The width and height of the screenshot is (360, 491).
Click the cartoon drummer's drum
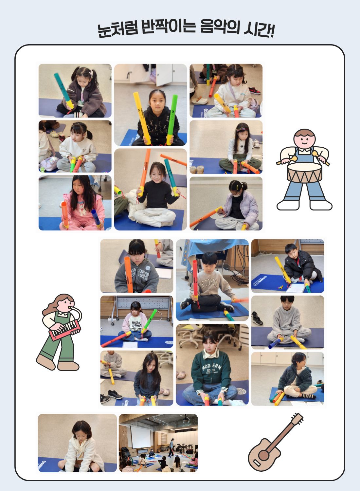[304, 173]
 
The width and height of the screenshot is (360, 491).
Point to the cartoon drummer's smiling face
[304, 138]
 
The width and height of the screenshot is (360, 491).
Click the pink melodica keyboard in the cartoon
[65, 330]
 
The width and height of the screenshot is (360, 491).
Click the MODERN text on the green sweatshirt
[212, 367]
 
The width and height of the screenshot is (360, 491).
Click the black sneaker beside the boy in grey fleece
[258, 318]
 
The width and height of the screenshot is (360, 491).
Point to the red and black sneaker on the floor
[255, 90]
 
